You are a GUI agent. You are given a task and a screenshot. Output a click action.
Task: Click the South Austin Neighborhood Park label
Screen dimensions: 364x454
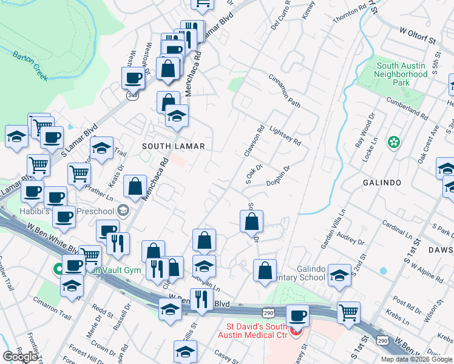click(401, 74)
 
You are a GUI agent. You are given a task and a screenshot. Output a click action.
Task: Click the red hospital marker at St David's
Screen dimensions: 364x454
click(296, 332)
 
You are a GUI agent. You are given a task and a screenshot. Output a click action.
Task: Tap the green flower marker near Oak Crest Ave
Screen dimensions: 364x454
click(394, 143)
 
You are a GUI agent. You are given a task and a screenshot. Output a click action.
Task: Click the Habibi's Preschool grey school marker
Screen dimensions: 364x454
click(124, 211)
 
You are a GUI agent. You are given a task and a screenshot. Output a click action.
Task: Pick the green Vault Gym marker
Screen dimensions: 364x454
click(59, 269)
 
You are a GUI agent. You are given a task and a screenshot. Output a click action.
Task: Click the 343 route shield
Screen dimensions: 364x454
click(132, 96)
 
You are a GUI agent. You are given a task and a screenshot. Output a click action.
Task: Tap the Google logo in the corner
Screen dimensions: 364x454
click(20, 357)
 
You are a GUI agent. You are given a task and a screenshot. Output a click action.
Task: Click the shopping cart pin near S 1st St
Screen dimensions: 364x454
click(349, 312)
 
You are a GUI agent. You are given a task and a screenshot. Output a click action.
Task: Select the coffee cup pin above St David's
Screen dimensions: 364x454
click(297, 315)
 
